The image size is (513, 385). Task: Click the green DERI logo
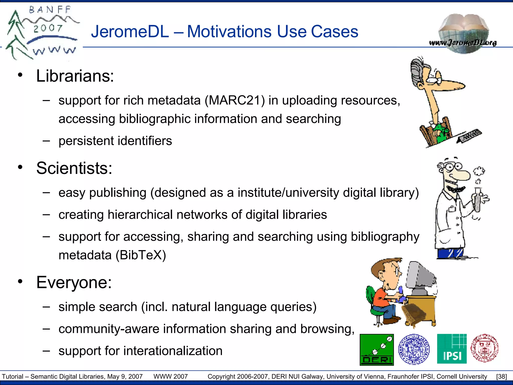click(x=377, y=349)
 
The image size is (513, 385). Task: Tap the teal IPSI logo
click(x=452, y=349)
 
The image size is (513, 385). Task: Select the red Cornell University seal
click(x=484, y=348)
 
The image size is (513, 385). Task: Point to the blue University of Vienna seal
click(x=414, y=349)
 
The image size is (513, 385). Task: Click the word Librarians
click(x=75, y=76)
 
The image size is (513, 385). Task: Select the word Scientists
click(x=74, y=168)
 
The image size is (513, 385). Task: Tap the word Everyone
click(x=74, y=282)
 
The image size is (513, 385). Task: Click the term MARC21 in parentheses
click(x=234, y=101)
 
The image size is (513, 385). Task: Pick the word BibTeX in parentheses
click(x=141, y=255)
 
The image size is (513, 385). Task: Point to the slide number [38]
click(x=501, y=376)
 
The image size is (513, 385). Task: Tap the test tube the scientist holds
click(x=478, y=199)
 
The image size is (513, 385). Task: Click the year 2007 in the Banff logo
click(x=48, y=28)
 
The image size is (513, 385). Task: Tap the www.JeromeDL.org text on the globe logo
click(x=463, y=43)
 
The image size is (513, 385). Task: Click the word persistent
click(x=86, y=141)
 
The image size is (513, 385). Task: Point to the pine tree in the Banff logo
click(x=16, y=35)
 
